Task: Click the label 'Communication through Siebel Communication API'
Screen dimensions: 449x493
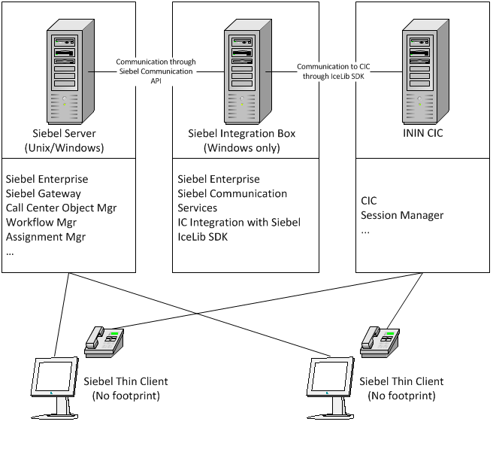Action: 156,71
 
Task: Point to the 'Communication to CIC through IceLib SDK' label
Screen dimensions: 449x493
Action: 334,71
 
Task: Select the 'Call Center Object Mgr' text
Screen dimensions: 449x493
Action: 61,208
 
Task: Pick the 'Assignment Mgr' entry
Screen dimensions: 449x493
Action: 46,236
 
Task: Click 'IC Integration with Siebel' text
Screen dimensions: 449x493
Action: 239,222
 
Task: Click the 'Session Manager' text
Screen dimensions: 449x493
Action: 402,215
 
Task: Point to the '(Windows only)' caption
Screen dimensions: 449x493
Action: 241,147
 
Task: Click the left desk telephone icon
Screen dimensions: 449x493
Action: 104,339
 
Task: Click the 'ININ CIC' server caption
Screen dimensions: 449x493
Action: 421,134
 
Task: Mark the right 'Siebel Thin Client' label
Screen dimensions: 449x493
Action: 401,381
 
